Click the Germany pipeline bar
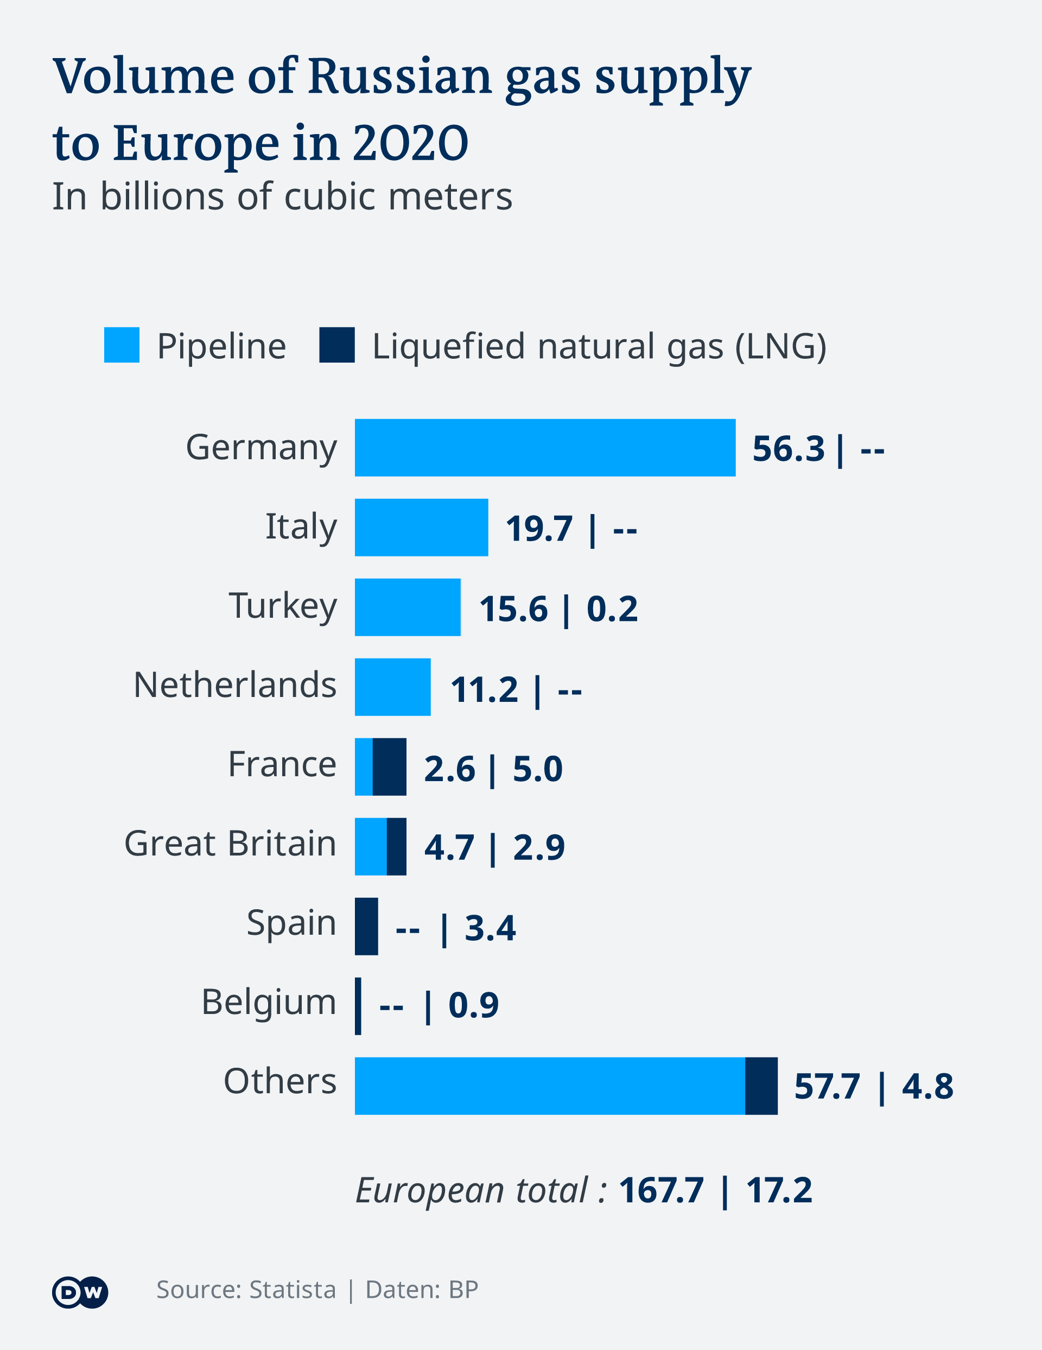click(544, 447)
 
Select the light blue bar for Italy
click(421, 527)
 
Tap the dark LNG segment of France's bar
click(389, 766)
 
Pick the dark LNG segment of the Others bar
click(761, 1086)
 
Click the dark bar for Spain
click(366, 927)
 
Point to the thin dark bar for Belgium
click(358, 1006)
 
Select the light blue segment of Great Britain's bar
click(370, 846)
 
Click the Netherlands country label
click(235, 685)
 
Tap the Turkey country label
click(283, 606)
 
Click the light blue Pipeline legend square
click(122, 345)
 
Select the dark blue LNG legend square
click(337, 345)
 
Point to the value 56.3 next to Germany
click(788, 449)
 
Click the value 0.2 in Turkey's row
click(612, 609)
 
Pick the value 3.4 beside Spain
click(490, 928)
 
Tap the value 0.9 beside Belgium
click(473, 1005)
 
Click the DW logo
click(80, 1292)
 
